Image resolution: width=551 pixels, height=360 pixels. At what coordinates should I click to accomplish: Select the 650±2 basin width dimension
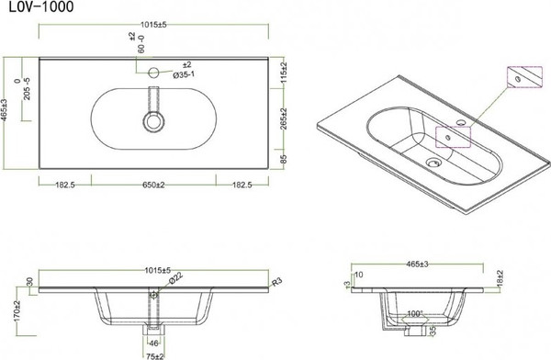[160, 186]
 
